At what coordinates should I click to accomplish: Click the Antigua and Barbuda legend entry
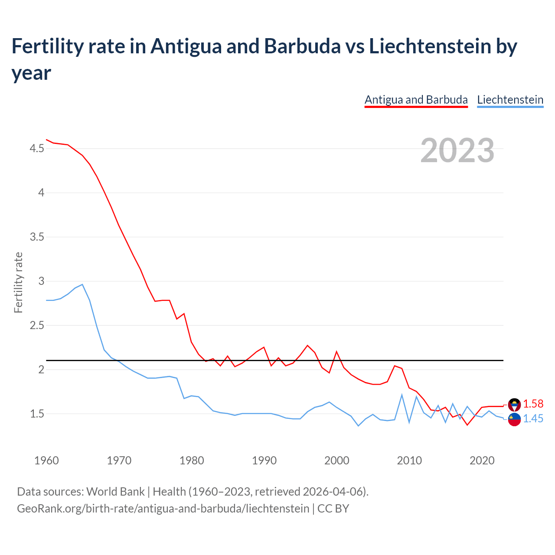(x=416, y=100)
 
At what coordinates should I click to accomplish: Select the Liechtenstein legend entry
(x=510, y=100)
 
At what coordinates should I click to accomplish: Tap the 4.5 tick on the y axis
(x=36, y=148)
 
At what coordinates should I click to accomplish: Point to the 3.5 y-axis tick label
(x=36, y=237)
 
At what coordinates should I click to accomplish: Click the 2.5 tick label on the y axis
(x=36, y=325)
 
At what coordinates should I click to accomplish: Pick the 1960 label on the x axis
(x=46, y=460)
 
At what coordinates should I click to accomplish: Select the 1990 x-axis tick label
(x=264, y=460)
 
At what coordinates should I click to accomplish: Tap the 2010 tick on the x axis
(x=409, y=460)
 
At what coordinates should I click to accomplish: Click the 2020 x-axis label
(x=482, y=460)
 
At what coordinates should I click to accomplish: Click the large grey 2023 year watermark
(x=457, y=150)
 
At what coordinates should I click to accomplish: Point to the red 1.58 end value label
(x=533, y=404)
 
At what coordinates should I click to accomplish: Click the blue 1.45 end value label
(x=533, y=418)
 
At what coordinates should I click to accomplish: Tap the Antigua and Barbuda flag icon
(x=514, y=404)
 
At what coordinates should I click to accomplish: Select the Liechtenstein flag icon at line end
(x=514, y=420)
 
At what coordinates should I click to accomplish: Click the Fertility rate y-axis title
(x=18, y=282)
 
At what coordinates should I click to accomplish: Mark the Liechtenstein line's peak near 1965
(x=82, y=284)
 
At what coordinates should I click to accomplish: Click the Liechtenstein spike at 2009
(x=402, y=395)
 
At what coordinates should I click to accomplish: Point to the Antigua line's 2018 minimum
(x=467, y=424)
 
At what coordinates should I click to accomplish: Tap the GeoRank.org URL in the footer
(x=163, y=508)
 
